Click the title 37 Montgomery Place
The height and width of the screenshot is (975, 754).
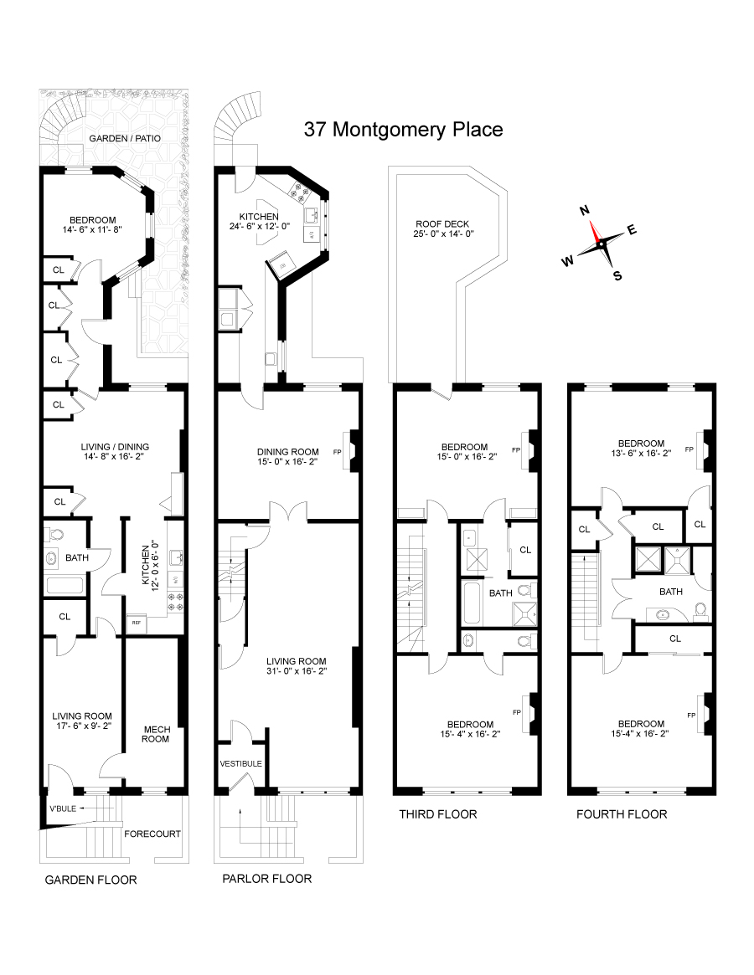(403, 130)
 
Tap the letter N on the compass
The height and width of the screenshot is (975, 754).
(586, 210)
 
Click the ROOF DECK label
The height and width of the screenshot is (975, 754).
(442, 223)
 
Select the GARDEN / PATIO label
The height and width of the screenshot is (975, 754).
(126, 138)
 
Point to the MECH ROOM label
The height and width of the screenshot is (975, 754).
(156, 734)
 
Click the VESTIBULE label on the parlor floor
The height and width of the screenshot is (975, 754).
(241, 763)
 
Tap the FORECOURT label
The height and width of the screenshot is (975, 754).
(152, 834)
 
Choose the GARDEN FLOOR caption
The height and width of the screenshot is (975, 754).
(90, 880)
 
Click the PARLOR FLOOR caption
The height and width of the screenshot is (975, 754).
(266, 878)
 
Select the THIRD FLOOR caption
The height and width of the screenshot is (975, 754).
(438, 813)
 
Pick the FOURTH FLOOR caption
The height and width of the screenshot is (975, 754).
(622, 813)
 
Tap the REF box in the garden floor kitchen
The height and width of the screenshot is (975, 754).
(134, 622)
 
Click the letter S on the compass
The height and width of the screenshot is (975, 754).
(617, 276)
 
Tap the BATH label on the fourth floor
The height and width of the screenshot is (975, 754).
(670, 591)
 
